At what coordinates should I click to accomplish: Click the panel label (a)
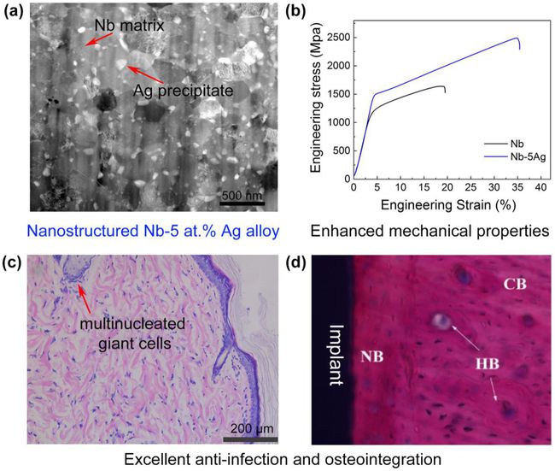pyautogui.click(x=14, y=14)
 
